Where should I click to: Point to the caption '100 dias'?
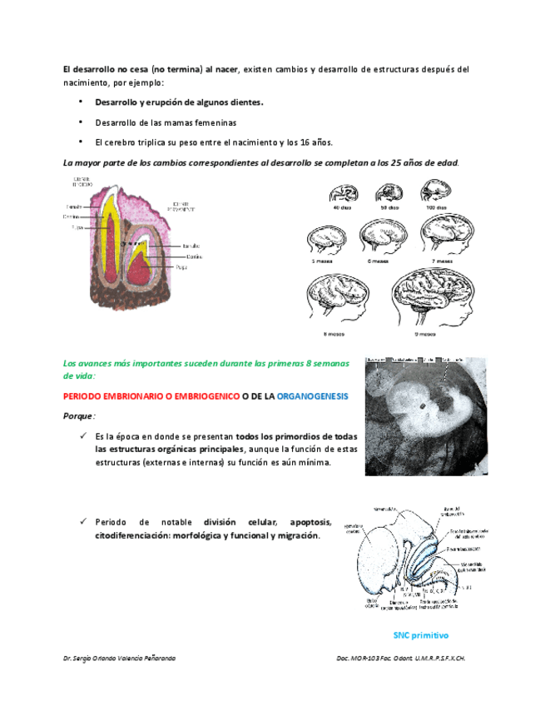click(437, 208)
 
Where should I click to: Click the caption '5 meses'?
click(322, 261)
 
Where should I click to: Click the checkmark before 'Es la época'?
click(83, 435)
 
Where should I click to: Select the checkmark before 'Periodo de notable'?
click(83, 522)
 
